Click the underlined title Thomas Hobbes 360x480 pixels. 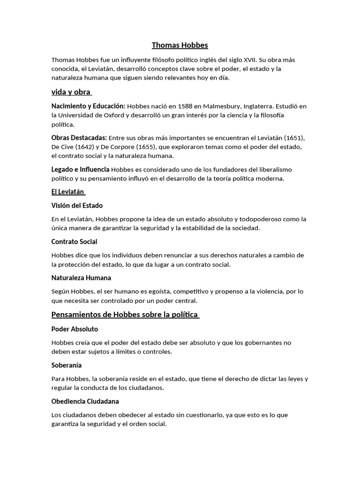coord(180,45)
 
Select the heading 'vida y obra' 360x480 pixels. coord(71,92)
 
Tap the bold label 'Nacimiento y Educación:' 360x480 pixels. coord(88,106)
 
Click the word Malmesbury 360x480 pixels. coord(219,106)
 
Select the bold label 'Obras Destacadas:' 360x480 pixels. coord(79,138)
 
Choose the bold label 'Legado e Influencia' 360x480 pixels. coord(81,169)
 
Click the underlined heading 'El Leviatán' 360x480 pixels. coord(67,192)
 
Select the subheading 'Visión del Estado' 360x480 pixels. coord(77,205)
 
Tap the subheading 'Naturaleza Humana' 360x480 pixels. coord(81,278)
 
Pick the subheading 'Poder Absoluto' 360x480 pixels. coord(75,329)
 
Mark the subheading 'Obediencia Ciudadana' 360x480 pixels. coord(85,401)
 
